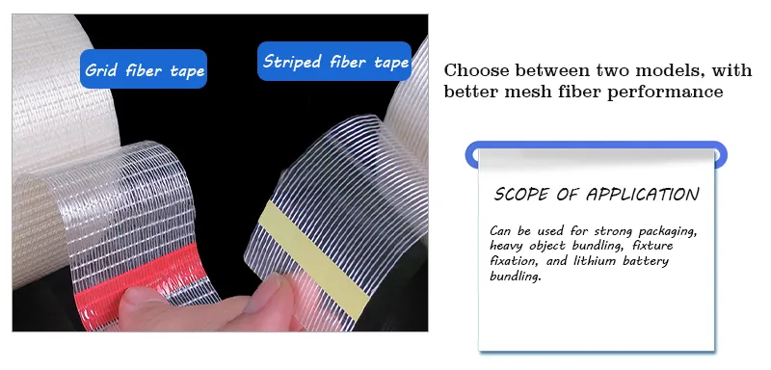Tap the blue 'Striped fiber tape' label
point(335,63)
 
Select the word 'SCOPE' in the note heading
point(521,195)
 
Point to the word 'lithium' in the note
point(601,262)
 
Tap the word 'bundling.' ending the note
point(516,277)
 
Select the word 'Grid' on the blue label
point(100,70)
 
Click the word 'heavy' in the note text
point(507,247)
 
